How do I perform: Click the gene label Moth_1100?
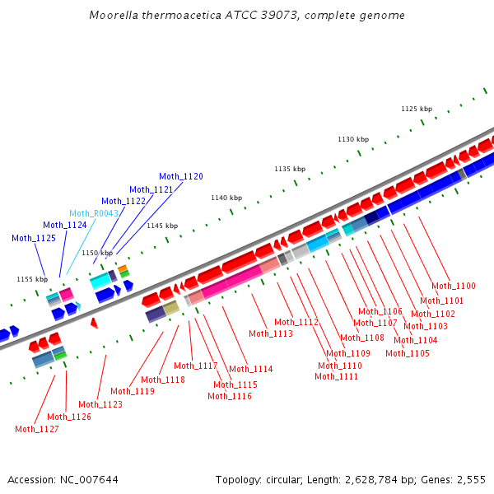(454, 286)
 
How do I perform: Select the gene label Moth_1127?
(37, 429)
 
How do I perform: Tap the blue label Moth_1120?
(181, 176)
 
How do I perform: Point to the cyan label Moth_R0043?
(94, 213)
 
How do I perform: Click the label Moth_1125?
(34, 238)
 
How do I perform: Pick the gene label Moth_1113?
(271, 333)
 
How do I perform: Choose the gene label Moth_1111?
(336, 376)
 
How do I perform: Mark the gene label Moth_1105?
(408, 353)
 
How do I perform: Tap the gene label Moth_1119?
(133, 391)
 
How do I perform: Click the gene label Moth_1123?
(100, 404)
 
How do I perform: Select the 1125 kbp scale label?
(417, 109)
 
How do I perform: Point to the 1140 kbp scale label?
(226, 198)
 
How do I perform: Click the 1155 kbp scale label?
(32, 279)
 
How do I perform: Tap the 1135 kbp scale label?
(290, 169)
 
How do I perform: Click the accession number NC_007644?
(86, 479)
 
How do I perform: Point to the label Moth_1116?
(230, 396)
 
